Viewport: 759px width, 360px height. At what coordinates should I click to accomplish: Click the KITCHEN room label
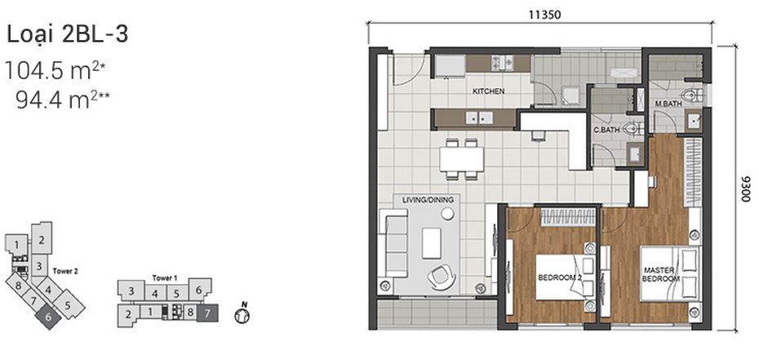[x=489, y=91]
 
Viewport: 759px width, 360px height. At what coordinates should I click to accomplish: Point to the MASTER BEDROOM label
[x=661, y=274]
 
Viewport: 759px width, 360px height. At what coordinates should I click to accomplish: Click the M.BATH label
[x=668, y=105]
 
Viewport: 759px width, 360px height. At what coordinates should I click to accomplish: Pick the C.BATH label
[x=606, y=130]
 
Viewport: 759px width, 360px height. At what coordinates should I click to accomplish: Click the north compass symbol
[x=241, y=314]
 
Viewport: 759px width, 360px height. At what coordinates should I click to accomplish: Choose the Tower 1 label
[x=165, y=278]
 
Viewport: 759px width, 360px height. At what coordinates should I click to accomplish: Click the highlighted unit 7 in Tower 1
[x=208, y=311]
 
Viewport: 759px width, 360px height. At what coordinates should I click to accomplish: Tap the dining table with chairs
[x=459, y=158]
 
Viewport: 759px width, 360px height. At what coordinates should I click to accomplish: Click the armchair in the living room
[x=441, y=275]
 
